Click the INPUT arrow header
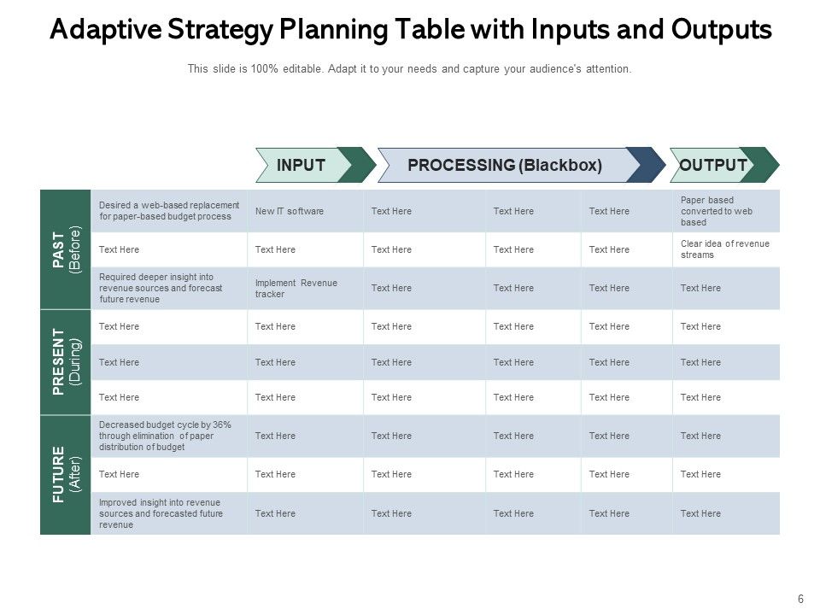[302, 166]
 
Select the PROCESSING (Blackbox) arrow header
[505, 166]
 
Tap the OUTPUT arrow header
[713, 166]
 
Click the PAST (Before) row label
[65, 249]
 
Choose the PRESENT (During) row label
[65, 362]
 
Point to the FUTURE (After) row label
[65, 475]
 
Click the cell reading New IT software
[290, 211]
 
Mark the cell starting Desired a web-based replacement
[167, 211]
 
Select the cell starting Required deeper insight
[161, 289]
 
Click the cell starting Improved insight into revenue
[161, 513]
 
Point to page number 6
[800, 600]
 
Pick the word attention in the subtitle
[607, 69]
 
